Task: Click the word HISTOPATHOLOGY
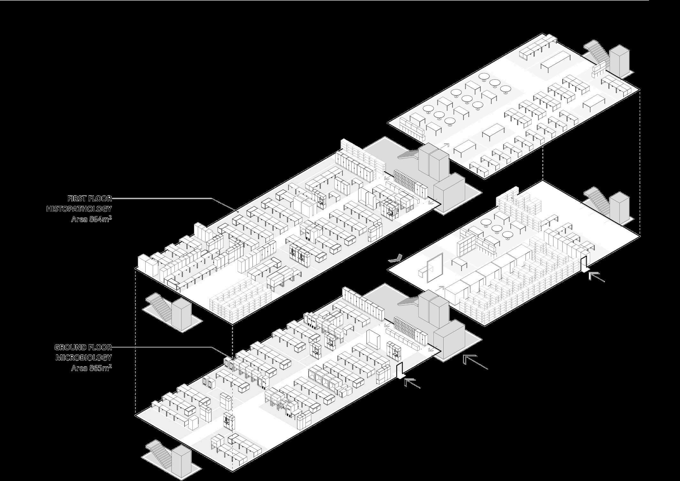pyautogui.click(x=79, y=209)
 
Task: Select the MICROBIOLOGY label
pyautogui.click(x=84, y=358)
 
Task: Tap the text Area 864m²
pyautogui.click(x=91, y=220)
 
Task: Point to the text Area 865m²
pyautogui.click(x=91, y=368)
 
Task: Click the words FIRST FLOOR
pyautogui.click(x=89, y=198)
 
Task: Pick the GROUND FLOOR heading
pyautogui.click(x=83, y=347)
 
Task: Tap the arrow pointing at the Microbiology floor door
pyautogui.click(x=412, y=383)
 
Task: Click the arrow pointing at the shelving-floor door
pyautogui.click(x=596, y=277)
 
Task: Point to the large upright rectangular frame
pyautogui.click(x=435, y=268)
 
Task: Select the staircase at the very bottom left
pyautogui.click(x=158, y=452)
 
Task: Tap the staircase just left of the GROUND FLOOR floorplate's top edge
pyautogui.click(x=158, y=305)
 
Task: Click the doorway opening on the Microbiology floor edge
pyautogui.click(x=399, y=370)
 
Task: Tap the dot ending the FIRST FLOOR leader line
pyautogui.click(x=237, y=211)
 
